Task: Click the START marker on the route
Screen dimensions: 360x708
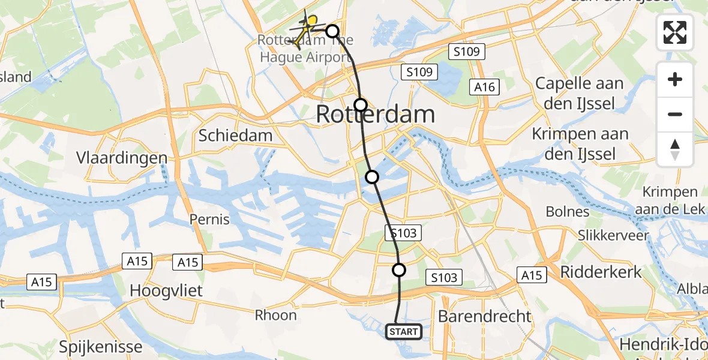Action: pos(404,331)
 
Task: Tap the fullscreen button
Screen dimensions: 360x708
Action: pos(675,32)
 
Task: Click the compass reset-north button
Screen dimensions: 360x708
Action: pos(675,149)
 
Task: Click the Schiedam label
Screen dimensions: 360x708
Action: pos(235,136)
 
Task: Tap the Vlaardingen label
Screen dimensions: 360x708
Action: pos(122,158)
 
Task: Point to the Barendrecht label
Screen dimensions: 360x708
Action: pos(484,316)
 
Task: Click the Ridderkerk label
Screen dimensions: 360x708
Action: pos(601,272)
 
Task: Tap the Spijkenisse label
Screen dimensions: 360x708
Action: pos(101,346)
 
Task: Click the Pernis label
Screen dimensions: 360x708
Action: pos(209,220)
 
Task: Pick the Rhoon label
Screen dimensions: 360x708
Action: pos(275,315)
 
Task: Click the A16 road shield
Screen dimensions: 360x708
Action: pos(484,88)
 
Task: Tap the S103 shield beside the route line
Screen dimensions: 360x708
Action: pos(403,233)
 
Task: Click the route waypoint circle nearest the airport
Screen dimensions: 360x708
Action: pos(332,31)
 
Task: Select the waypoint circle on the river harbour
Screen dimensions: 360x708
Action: pos(372,176)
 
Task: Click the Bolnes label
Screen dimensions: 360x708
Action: pos(568,212)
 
